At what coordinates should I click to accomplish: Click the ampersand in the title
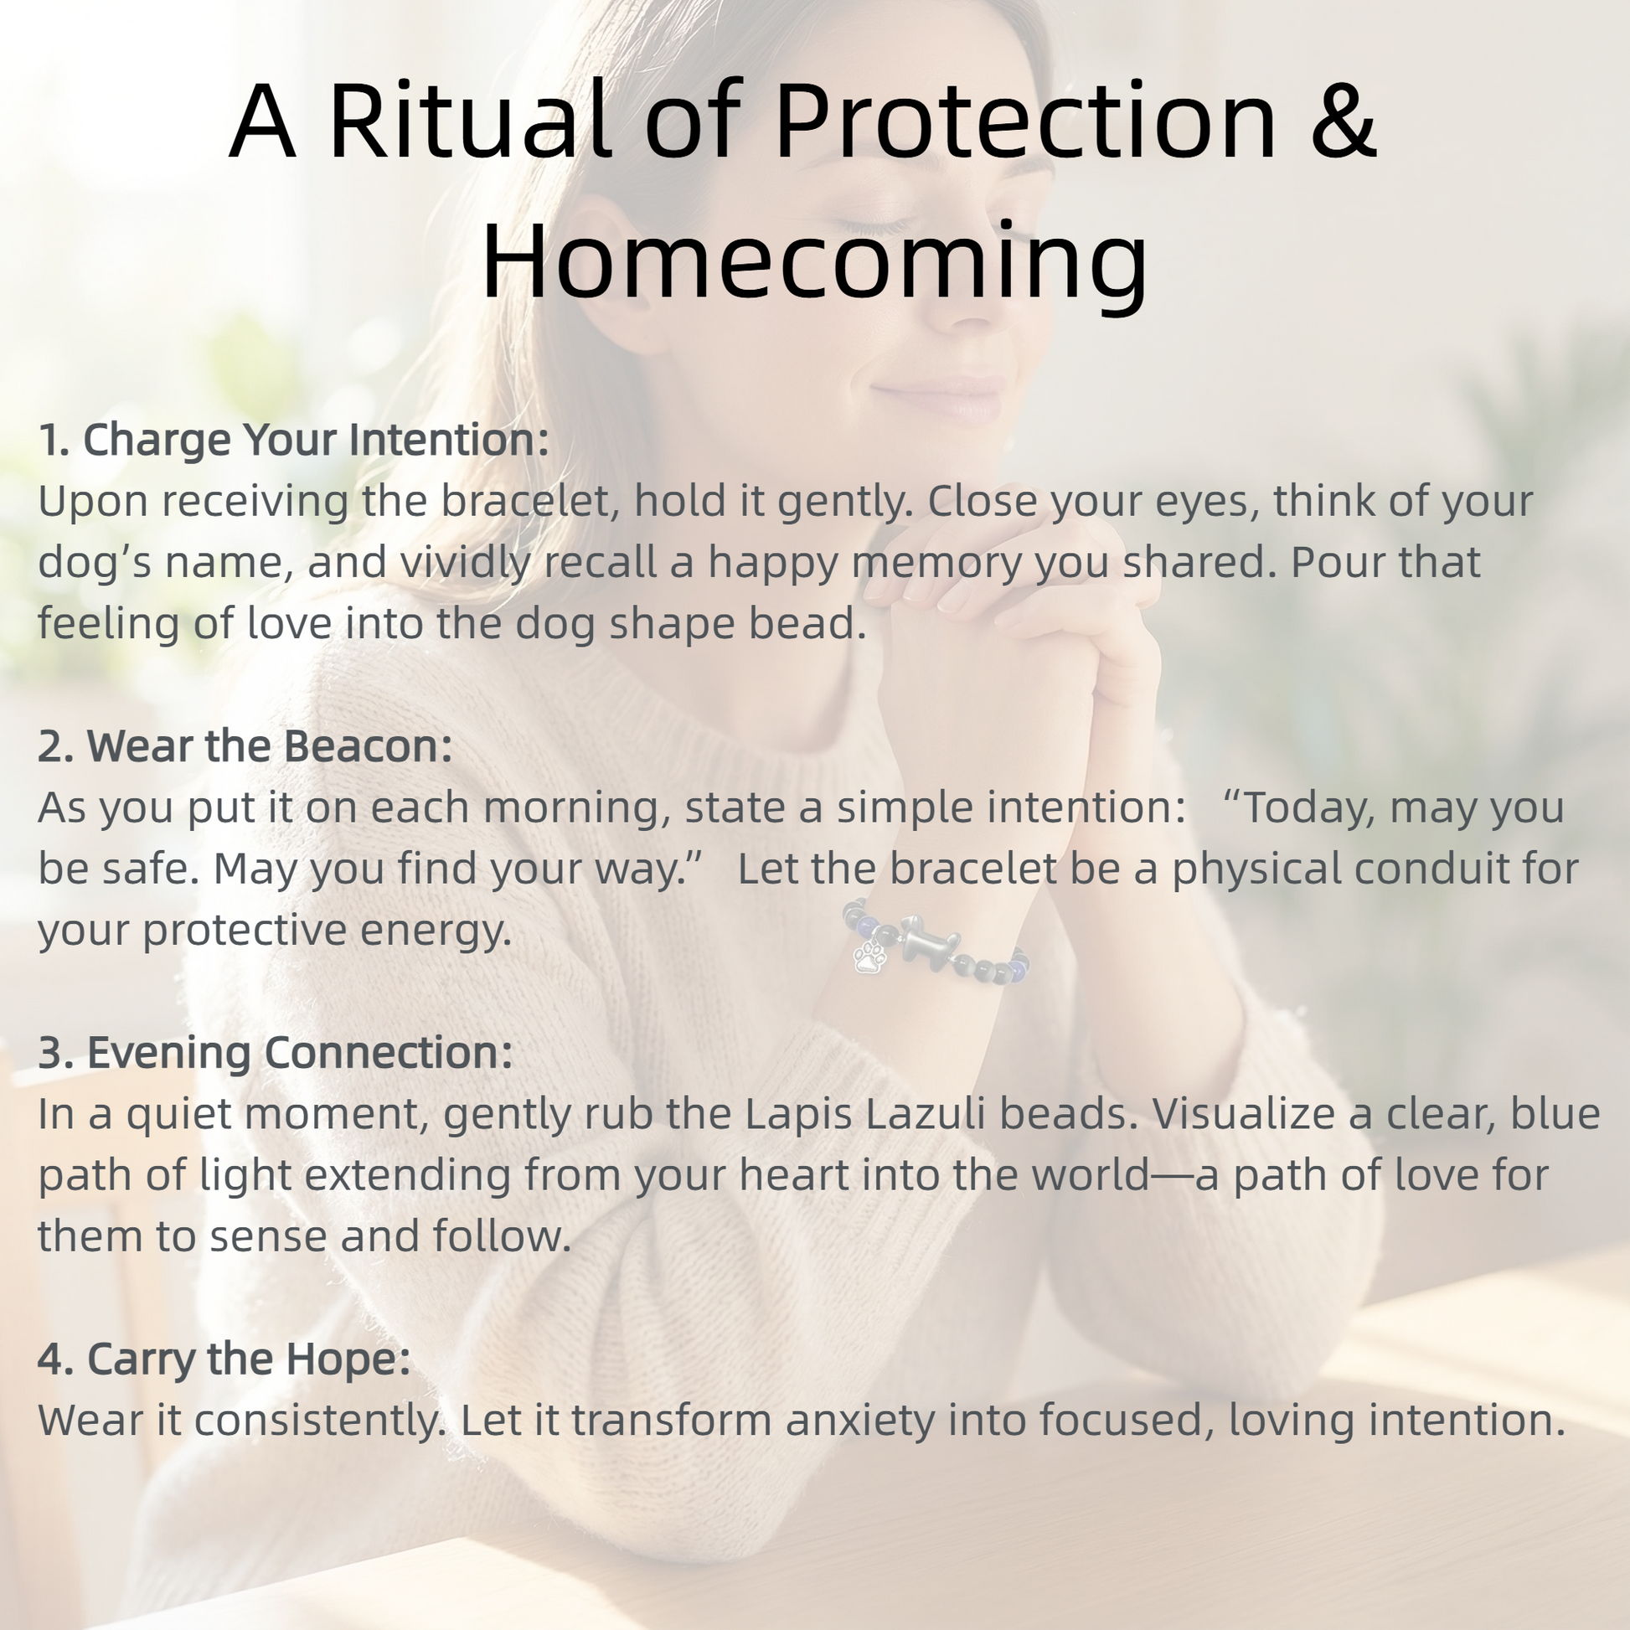(1344, 119)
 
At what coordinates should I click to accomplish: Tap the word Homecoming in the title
(814, 260)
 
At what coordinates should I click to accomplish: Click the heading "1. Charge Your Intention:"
(294, 440)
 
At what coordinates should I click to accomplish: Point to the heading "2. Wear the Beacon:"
(245, 745)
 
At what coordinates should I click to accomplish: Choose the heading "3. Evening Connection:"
(276, 1052)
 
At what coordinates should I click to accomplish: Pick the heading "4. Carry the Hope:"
(224, 1359)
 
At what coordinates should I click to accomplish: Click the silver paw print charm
(869, 957)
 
